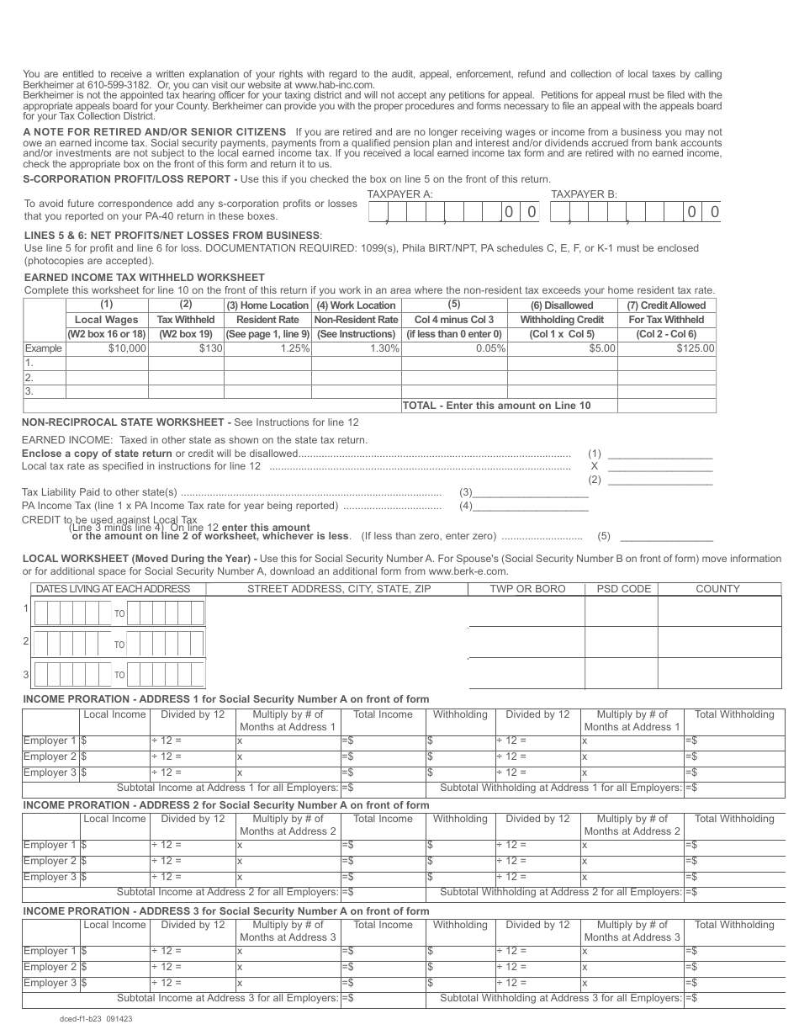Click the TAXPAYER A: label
pos(399,194)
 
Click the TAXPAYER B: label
pos(584,194)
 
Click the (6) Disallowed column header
pos(562,305)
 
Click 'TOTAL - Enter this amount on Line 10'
pos(496,406)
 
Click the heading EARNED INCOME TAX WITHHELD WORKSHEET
pos(144,277)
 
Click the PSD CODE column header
pos(623,589)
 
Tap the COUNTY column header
pos(717,589)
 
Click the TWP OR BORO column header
pos(527,589)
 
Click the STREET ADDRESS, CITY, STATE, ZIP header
pos(338,589)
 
